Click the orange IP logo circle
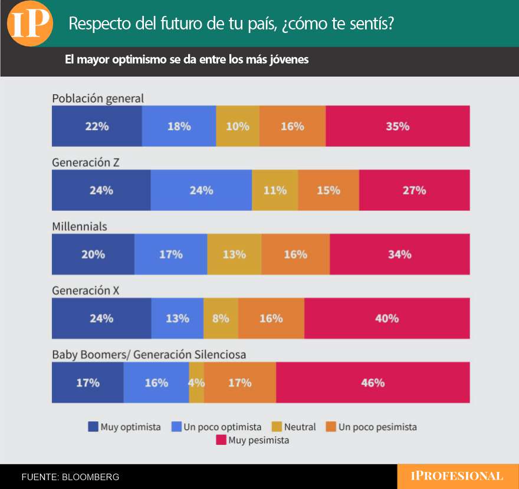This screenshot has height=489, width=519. [x=30, y=24]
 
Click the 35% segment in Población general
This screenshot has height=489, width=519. [x=398, y=126]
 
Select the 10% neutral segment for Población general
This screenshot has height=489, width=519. [x=238, y=126]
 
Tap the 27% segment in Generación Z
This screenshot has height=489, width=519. [x=414, y=190]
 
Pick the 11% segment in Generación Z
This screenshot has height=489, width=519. [x=275, y=190]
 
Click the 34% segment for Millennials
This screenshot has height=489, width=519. [x=400, y=255]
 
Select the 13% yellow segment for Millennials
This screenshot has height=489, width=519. [x=234, y=255]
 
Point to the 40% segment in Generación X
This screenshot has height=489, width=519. [x=387, y=318]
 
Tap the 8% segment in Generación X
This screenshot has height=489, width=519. [x=221, y=318]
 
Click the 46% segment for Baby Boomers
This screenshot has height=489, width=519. [x=373, y=382]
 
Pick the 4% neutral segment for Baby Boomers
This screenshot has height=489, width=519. [x=196, y=382]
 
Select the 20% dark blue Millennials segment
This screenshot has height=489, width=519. [x=93, y=255]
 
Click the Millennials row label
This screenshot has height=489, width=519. [x=80, y=226]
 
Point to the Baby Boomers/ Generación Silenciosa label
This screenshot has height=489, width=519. [x=149, y=355]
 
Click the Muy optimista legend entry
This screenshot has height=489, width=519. [x=124, y=427]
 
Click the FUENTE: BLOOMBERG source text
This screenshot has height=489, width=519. [x=70, y=477]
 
